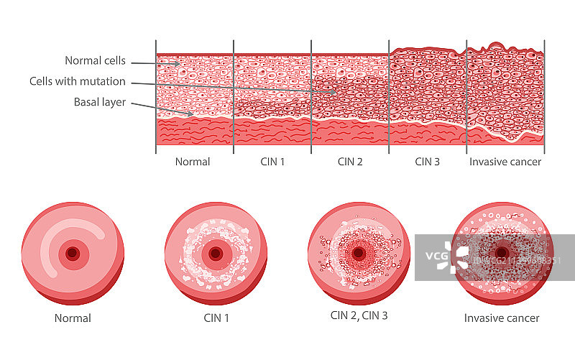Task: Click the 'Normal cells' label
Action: click(96, 61)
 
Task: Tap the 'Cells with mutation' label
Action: click(78, 81)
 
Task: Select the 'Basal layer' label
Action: click(100, 102)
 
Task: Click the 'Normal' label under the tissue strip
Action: click(193, 162)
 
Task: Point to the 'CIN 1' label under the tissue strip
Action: click(272, 162)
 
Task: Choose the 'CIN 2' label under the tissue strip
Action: click(350, 162)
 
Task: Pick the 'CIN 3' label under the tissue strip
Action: click(428, 162)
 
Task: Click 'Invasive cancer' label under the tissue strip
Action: click(505, 162)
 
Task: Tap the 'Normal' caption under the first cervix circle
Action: click(73, 318)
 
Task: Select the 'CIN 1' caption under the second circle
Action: click(215, 318)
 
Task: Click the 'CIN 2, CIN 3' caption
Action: click(359, 315)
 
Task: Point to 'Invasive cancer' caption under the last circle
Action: click(502, 318)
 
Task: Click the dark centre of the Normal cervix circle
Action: click(72, 254)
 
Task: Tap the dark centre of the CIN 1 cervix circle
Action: click(215, 254)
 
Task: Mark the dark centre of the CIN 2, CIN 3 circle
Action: click(359, 253)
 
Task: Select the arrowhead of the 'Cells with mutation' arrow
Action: click(333, 92)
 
